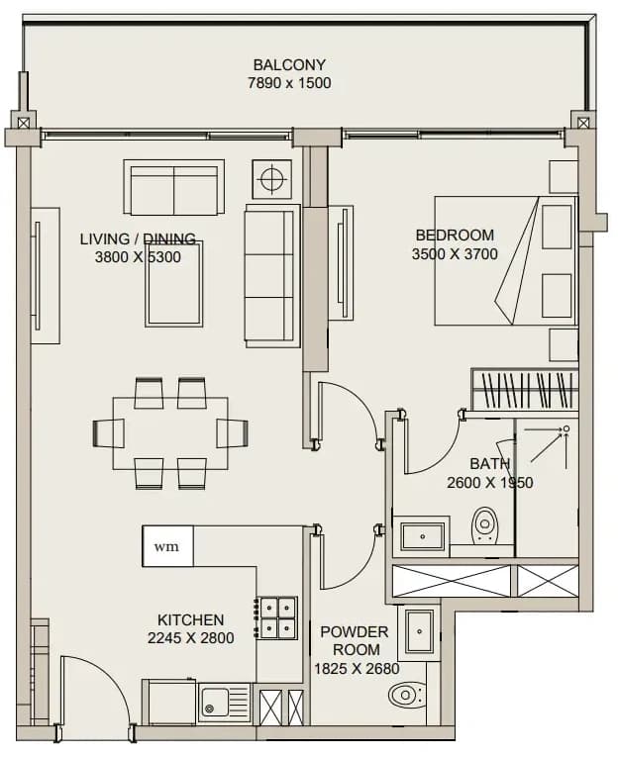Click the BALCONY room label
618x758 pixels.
point(289,64)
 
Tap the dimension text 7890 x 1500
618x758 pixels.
point(289,83)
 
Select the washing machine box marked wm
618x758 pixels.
point(167,546)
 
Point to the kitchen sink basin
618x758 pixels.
point(215,703)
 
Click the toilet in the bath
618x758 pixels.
point(483,524)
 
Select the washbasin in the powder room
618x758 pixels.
point(419,631)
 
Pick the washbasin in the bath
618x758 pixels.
point(422,536)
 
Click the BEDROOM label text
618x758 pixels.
point(455,235)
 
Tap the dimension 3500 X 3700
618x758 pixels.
point(455,253)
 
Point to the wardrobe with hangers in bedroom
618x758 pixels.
point(525,389)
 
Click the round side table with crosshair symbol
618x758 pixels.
point(272,179)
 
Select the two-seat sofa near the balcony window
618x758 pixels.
point(173,187)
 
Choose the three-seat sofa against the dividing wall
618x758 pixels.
point(272,275)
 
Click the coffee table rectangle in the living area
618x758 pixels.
point(173,284)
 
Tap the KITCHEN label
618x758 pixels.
point(191,619)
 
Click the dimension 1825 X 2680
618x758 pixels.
point(357,669)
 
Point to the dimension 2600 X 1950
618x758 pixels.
point(490,483)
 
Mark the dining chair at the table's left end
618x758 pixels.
point(108,433)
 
